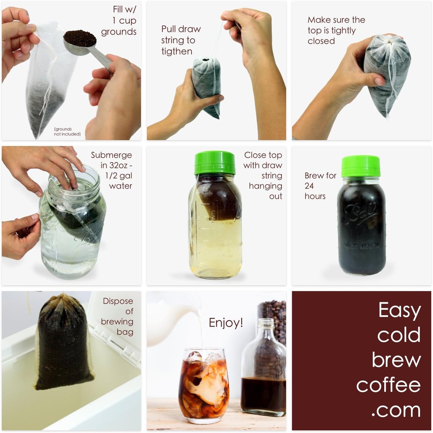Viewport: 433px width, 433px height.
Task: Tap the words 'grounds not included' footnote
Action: pos(67,132)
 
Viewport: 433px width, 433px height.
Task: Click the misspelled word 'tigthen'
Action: pos(177,51)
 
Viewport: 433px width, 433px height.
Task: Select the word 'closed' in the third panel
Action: pos(321,41)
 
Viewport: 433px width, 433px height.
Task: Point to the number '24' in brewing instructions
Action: pos(309,186)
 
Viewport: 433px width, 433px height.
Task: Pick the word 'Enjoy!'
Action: pos(226,323)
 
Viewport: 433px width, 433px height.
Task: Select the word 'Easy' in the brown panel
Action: pos(399,310)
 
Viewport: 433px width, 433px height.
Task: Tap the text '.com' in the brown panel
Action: pos(396,411)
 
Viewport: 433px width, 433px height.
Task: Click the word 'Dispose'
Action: pos(118,301)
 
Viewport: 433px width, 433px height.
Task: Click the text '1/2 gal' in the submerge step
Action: pos(119,176)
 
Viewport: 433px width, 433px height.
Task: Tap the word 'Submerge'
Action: pos(111,155)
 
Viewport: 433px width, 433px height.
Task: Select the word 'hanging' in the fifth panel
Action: pos(265,186)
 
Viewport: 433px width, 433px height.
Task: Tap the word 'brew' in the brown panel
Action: pos(396,360)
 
